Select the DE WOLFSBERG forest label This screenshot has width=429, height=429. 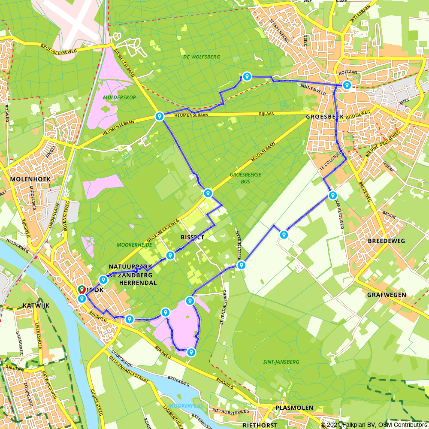pos(201,57)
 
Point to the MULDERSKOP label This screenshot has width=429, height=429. pos(119,97)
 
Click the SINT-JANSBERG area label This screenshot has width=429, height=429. pos(281,362)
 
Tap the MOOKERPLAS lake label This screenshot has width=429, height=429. pos(185,405)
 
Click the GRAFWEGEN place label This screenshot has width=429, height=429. pos(387,295)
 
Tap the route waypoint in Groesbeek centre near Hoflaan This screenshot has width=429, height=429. pos(346,85)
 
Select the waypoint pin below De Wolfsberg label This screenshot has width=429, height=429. pos(247,76)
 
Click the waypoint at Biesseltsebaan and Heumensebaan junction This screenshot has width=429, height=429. pos(159,116)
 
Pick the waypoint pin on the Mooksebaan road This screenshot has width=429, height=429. pos(208,193)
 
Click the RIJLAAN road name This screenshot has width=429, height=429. pos(267,114)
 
